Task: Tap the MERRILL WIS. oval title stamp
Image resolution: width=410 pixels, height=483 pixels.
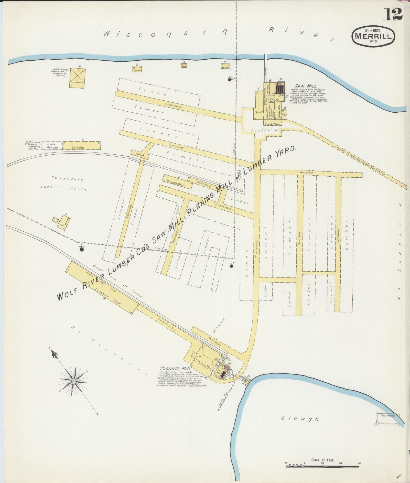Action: click(x=373, y=36)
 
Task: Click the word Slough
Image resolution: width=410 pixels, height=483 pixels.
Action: click(x=300, y=418)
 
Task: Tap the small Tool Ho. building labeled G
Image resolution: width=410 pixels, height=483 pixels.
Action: click(x=137, y=69)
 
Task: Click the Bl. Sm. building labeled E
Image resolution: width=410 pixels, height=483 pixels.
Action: click(x=225, y=66)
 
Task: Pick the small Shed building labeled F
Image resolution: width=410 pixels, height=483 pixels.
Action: click(x=184, y=65)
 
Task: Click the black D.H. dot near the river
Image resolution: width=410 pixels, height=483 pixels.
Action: click(x=230, y=80)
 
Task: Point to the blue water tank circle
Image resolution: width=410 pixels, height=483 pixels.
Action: click(x=223, y=359)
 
